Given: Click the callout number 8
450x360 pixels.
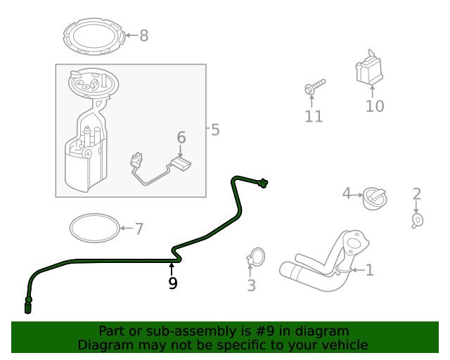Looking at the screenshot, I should point(144,36).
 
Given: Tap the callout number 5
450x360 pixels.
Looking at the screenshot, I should point(214,130).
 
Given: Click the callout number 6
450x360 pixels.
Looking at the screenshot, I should point(181,138).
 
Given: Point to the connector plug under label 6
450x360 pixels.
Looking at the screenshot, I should point(182,166).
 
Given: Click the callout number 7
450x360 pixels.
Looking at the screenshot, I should point(139,229).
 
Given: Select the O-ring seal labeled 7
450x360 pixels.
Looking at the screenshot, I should point(94,227).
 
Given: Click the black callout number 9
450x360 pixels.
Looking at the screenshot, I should point(172,283).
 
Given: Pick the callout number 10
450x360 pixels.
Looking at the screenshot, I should point(375,106).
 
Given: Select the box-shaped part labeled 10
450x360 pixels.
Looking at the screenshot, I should point(368,70).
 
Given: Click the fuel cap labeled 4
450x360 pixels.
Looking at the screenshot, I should point(374,198).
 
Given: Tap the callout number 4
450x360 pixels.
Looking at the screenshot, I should point(346,193).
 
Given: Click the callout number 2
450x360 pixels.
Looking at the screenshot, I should point(416,194).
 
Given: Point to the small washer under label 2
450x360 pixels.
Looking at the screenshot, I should point(417,221).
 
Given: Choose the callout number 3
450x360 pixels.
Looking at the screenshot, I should point(251,286).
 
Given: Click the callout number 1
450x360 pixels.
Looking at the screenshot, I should point(369,270).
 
